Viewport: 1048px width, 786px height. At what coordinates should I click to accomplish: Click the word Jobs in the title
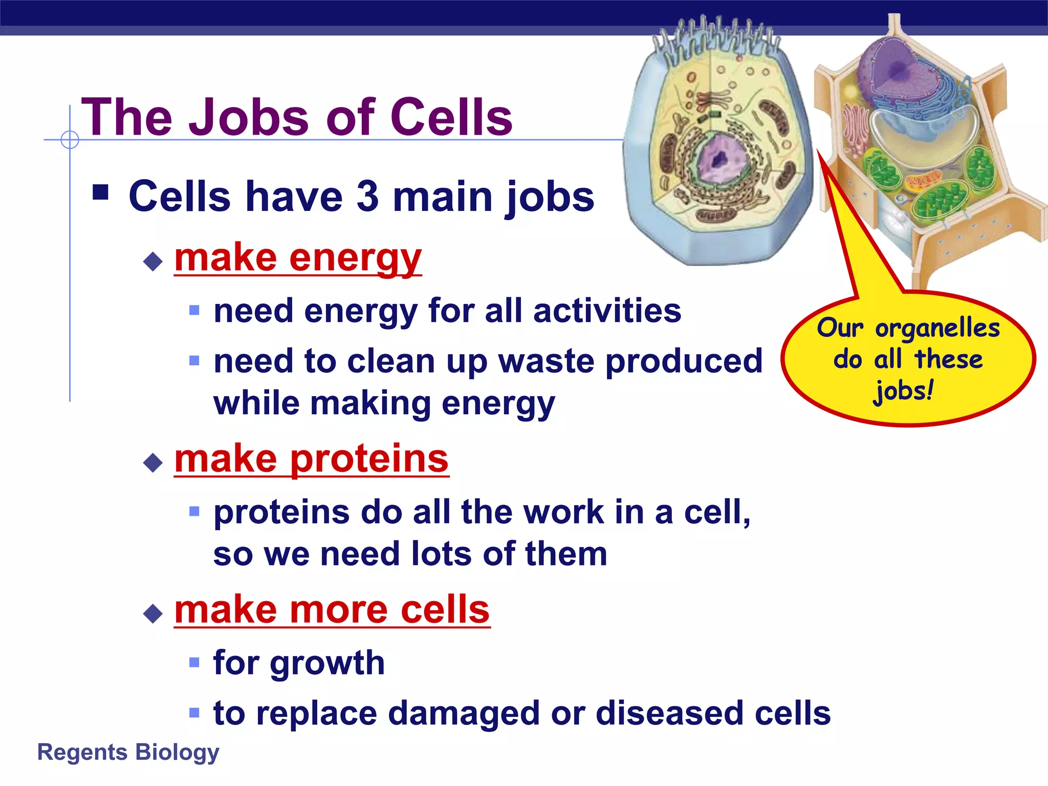coord(253,118)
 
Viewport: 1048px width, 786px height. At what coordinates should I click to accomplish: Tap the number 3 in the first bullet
coord(367,196)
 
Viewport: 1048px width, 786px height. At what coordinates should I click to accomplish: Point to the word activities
coord(607,311)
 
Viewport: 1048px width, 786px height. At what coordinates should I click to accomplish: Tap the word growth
coord(327,663)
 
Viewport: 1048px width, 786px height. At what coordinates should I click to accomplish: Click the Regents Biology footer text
coord(128,752)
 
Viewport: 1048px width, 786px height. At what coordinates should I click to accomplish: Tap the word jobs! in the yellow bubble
coord(904,391)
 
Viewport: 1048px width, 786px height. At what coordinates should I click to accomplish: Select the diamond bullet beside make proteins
coord(153,463)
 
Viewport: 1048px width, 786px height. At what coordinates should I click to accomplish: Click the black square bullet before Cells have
coord(101,192)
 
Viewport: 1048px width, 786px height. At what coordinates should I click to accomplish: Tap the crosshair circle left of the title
coord(70,139)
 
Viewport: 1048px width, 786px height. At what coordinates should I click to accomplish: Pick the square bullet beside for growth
coord(194,663)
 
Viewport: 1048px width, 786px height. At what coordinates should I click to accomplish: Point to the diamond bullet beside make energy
coord(153,262)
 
